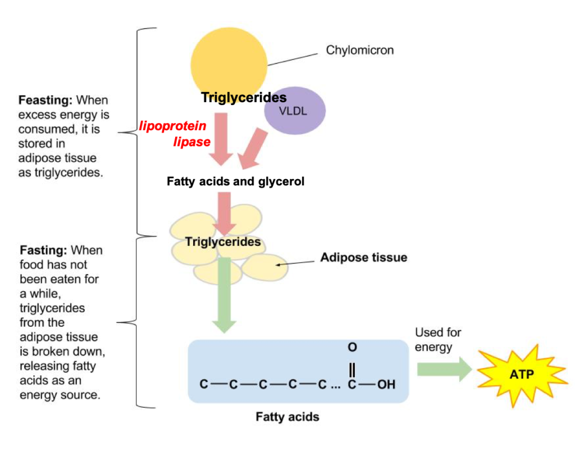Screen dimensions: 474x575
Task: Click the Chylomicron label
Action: (x=360, y=50)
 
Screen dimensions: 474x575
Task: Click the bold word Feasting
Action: (x=45, y=101)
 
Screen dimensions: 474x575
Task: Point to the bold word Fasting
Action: (x=44, y=250)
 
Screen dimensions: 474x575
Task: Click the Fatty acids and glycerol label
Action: (x=235, y=182)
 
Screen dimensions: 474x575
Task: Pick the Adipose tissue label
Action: (x=363, y=258)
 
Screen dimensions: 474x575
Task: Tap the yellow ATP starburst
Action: (x=522, y=373)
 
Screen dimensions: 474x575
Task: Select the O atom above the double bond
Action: (x=352, y=348)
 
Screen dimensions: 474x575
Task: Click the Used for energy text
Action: (x=437, y=339)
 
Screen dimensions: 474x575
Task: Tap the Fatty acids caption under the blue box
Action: (x=287, y=417)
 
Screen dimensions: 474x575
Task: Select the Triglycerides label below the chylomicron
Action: (x=244, y=98)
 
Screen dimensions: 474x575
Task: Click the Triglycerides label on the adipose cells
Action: (x=223, y=242)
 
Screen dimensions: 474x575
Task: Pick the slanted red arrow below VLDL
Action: (x=252, y=147)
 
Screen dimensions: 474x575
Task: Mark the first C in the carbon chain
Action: (x=204, y=385)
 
